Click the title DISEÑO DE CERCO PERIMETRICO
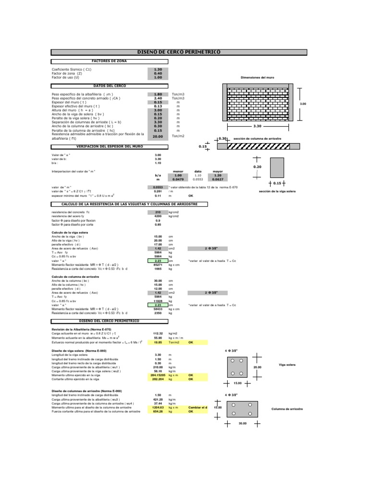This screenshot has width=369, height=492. pyautogui.click(x=179, y=51)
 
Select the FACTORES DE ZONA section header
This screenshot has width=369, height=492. pyautogui.click(x=110, y=61)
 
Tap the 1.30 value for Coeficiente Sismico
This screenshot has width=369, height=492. pyautogui.click(x=158, y=69)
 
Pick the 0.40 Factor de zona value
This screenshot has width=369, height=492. pyautogui.click(x=158, y=73)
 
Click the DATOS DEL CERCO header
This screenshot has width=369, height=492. pyautogui.click(x=110, y=86)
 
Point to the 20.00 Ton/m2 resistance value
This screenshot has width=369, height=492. pyautogui.click(x=158, y=136)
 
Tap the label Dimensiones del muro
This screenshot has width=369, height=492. pyautogui.click(x=257, y=77)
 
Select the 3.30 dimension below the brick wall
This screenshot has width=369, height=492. pyautogui.click(x=257, y=126)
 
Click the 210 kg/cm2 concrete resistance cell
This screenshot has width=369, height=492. pyautogui.click(x=158, y=212)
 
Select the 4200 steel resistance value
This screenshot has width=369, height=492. pyautogui.click(x=158, y=216)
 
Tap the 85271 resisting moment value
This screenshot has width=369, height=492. pyautogui.click(x=158, y=265)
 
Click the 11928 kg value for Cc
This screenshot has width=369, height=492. pyautogui.click(x=158, y=300)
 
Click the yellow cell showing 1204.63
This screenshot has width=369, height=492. pyautogui.click(x=158, y=407)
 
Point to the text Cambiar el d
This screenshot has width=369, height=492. pyautogui.click(x=197, y=407)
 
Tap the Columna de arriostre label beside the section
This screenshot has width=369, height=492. pyautogui.click(x=287, y=409)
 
